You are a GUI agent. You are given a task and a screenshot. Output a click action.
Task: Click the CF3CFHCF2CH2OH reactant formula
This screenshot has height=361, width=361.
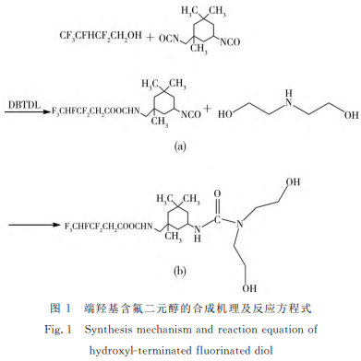pos(101,36)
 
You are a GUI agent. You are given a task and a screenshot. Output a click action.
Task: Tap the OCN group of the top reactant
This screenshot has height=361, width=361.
pos(169,39)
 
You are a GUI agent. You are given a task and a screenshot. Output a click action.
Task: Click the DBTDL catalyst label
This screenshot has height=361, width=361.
pos(24,105)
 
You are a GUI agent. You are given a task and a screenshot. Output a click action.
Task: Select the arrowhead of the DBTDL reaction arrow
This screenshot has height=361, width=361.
pos(46,112)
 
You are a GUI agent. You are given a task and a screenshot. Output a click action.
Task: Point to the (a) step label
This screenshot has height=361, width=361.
pos(180,146)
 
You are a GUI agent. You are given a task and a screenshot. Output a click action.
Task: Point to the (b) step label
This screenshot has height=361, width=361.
pos(180,271)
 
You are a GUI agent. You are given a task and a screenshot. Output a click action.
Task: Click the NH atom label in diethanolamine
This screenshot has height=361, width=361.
pos(288,99)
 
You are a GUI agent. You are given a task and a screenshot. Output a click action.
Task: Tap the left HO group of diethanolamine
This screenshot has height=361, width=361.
pos(225,115)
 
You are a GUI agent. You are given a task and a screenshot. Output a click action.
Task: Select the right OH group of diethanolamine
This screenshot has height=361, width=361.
pos(352,115)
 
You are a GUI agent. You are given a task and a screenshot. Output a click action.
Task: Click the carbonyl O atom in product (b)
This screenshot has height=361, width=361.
pos(217,193)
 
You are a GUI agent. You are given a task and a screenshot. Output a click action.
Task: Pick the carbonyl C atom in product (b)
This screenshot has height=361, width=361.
pos(217,220)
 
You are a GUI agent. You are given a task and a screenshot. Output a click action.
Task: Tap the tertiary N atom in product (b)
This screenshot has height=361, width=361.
pos(240,224)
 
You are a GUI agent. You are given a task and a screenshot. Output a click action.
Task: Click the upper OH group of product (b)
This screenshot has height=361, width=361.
pos(293,181)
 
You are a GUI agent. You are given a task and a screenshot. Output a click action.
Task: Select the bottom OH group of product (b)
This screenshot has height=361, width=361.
pos(249,288)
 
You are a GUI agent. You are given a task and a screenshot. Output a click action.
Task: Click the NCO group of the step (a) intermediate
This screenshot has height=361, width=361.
pos(191,114)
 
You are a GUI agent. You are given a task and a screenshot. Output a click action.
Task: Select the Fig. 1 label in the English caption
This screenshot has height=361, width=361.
pos(58,330)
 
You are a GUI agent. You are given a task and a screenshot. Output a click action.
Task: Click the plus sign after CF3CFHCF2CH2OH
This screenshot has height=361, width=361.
pos(150,38)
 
